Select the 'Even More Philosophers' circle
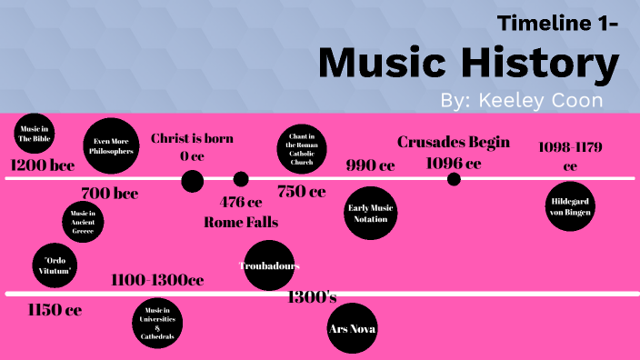click(114, 146)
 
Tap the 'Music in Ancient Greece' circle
click(83, 222)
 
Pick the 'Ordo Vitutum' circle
click(55, 265)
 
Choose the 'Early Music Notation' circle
click(371, 213)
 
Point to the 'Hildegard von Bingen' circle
click(570, 206)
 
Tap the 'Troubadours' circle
click(269, 265)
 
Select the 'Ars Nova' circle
click(352, 328)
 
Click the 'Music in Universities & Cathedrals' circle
click(157, 324)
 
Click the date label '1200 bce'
click(43, 165)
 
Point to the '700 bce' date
click(109, 193)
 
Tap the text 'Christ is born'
click(192, 138)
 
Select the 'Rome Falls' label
click(241, 222)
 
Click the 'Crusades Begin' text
click(454, 142)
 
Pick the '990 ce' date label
click(370, 165)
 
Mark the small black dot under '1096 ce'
click(454, 179)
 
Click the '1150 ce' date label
click(55, 310)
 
